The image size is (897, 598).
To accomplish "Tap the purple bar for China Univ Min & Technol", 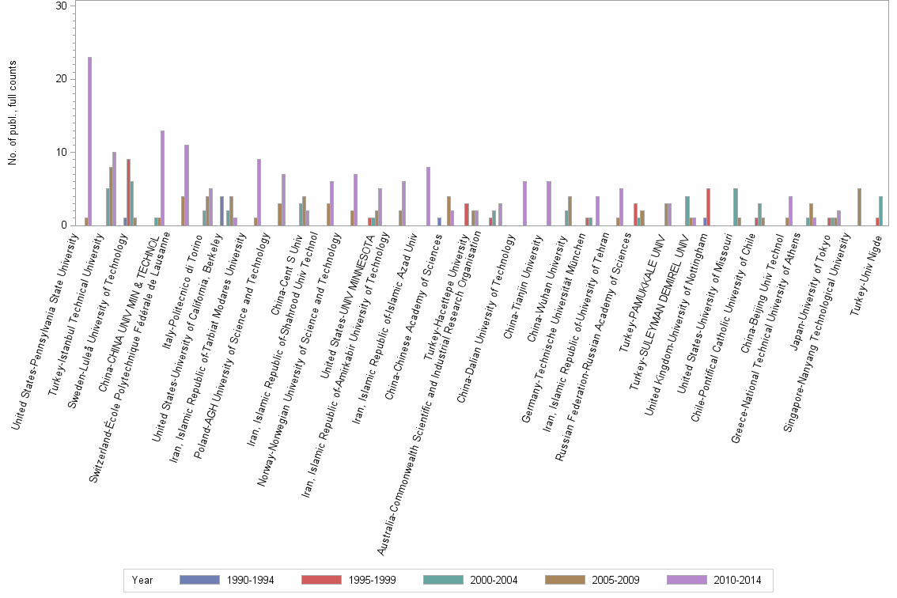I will point(162,178).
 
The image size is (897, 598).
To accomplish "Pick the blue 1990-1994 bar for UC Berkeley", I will point(222,210).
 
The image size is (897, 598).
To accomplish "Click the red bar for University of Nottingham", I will point(708,206).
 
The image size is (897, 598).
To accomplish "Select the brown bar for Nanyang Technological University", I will point(859,206).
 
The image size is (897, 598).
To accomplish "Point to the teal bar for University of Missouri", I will point(736,206).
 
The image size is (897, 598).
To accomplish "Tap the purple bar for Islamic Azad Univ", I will point(428,196).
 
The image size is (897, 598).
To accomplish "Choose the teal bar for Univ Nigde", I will point(880,210).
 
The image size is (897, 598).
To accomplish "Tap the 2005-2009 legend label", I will point(616,580).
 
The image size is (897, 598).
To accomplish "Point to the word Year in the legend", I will point(142,580).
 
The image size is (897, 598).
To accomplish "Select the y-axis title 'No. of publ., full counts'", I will point(13,115).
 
